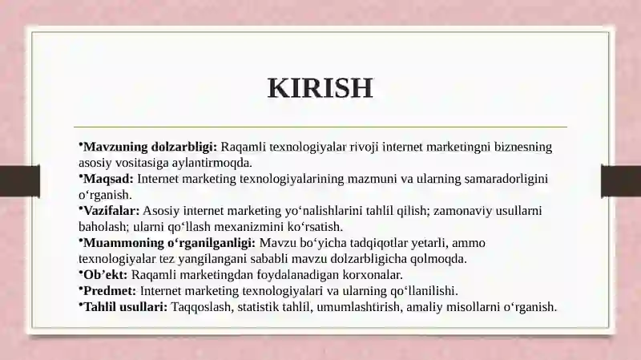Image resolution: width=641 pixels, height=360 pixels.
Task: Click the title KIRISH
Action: pos(320,87)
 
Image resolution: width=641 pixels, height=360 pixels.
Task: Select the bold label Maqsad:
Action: pos(108,179)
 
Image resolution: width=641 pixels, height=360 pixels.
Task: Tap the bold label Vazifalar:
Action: pos(111,211)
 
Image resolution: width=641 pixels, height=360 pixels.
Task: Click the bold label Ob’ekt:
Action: pos(106,274)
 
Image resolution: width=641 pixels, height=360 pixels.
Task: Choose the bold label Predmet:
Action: pos(110,291)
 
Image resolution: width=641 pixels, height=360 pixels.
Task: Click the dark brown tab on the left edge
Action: pos(19,181)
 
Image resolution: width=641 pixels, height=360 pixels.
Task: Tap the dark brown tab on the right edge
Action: pos(621,181)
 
